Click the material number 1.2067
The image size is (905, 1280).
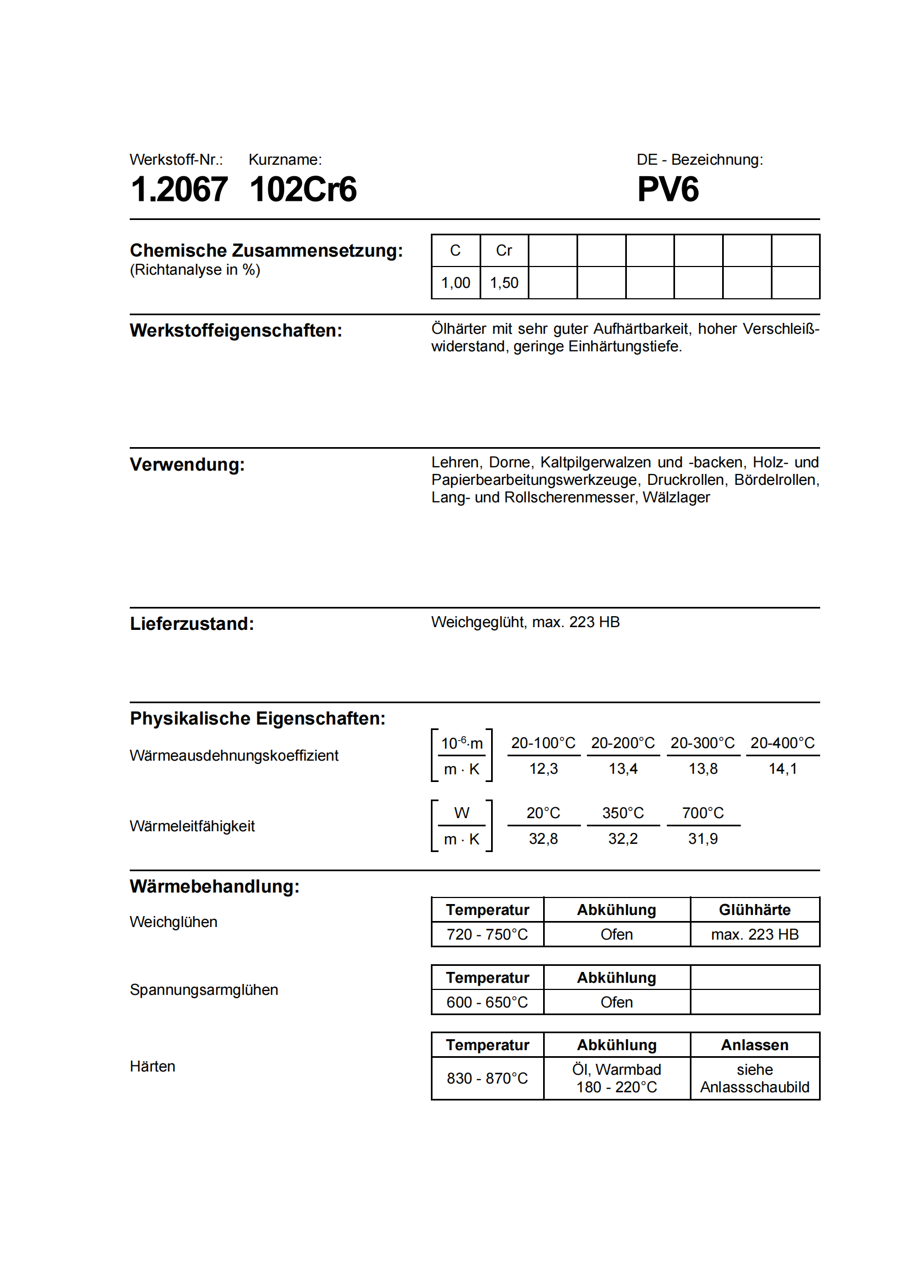pos(179,189)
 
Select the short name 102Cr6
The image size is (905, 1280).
pos(303,189)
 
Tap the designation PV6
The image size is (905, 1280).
pos(667,189)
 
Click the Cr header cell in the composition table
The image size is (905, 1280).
pos(504,251)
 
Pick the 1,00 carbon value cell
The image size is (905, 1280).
pos(456,282)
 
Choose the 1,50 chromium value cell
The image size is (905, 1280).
pos(504,282)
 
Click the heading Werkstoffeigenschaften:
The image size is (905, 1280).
pos(236,331)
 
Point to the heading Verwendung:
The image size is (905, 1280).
pos(187,465)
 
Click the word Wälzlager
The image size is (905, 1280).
pos(676,497)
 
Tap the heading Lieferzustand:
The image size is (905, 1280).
pos(192,624)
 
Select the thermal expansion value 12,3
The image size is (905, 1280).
pos(543,769)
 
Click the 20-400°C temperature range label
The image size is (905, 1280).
pos(782,743)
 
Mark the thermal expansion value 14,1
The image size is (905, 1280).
pos(782,769)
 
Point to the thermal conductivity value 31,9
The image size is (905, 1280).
pos(702,838)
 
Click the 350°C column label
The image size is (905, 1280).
pos(623,813)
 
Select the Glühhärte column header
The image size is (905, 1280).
pos(754,910)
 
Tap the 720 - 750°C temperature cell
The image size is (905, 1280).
pos(487,934)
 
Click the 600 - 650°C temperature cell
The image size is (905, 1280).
pos(487,1003)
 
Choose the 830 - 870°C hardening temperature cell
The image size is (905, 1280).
pos(487,1078)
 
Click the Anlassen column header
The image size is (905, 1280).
pos(754,1045)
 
